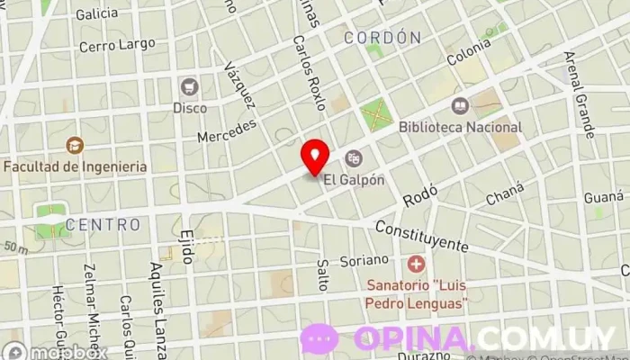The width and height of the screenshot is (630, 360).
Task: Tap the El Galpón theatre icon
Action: coord(354,158)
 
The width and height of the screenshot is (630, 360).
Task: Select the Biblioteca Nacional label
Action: coord(460,127)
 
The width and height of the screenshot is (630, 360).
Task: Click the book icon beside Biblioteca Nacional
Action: coord(460,106)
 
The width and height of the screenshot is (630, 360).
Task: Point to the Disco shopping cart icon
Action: coord(189,86)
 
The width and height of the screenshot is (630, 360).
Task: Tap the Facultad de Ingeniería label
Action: coord(75,166)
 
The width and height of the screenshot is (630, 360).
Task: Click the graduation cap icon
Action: coord(75,144)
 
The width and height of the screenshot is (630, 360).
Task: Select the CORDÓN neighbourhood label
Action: coord(382,37)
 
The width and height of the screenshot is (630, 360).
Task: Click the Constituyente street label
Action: coord(423,235)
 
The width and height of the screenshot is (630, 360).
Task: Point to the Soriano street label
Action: coord(364,260)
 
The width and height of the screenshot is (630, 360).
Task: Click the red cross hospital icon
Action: coord(416,265)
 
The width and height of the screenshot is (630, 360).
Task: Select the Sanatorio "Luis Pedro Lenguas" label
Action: coord(416,296)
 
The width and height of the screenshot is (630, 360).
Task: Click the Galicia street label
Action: coord(97,14)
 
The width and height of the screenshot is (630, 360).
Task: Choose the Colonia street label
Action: coord(469,55)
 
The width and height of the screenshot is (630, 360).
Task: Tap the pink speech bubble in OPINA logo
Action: coord(319,339)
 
